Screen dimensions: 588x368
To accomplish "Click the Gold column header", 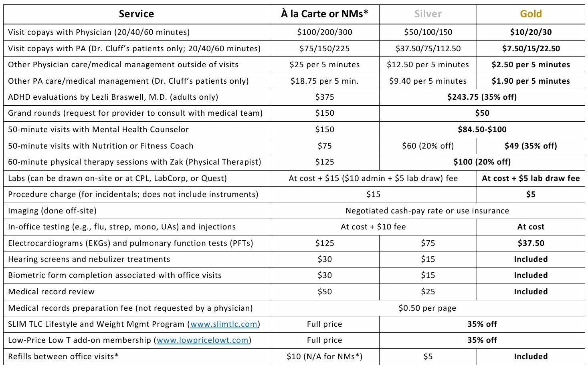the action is pyautogui.click(x=531, y=14).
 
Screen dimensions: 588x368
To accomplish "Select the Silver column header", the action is pyautogui.click(x=428, y=14).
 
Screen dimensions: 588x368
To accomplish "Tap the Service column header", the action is pyautogui.click(x=136, y=14).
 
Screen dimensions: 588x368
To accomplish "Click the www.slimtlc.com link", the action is pyautogui.click(x=224, y=324).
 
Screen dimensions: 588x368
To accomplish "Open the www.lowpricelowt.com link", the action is pyautogui.click(x=202, y=340).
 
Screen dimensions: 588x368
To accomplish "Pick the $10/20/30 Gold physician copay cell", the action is pyautogui.click(x=531, y=32).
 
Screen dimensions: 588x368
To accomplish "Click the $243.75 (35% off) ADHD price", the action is pyautogui.click(x=482, y=97).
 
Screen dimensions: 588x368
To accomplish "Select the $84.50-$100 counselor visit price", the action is pyautogui.click(x=482, y=129).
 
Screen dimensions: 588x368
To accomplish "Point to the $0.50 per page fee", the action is pyautogui.click(x=427, y=308).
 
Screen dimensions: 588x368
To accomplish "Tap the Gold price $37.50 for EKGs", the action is pyautogui.click(x=531, y=243).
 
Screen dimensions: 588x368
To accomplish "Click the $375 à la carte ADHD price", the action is pyautogui.click(x=324, y=97).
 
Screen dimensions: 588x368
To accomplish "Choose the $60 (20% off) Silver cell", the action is pyautogui.click(x=428, y=146).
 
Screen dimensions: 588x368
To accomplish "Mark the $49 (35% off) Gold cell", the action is pyautogui.click(x=531, y=146).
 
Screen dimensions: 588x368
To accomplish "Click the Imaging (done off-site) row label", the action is pyautogui.click(x=52, y=211).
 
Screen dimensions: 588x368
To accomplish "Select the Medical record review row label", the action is pyautogui.click(x=51, y=292).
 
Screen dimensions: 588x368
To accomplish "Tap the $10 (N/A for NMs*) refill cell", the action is pyautogui.click(x=324, y=356).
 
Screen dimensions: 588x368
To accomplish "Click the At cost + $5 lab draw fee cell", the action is pyautogui.click(x=531, y=178).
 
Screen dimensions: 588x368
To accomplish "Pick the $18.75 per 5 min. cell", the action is pyautogui.click(x=324, y=81).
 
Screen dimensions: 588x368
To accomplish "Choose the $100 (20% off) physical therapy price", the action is pyautogui.click(x=482, y=162).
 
